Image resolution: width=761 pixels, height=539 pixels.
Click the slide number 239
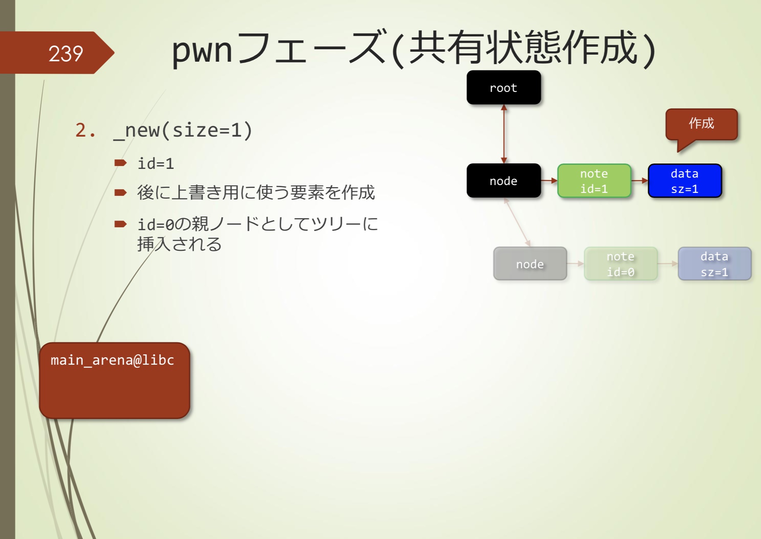66,53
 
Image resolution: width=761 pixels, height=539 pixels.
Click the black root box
503,87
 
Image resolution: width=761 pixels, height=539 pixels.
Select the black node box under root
503,180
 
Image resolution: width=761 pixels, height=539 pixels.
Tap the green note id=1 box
594,181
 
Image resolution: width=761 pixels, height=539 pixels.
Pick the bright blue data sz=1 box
684,181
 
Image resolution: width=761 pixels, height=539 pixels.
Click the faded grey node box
530,264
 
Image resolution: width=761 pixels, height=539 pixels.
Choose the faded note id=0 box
620,264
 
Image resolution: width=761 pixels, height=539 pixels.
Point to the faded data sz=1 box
714,264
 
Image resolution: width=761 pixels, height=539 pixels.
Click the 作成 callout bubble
701,124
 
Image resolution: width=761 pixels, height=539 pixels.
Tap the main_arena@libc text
112,360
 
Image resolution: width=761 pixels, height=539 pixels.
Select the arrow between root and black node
504,134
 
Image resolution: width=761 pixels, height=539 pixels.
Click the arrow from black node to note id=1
549,180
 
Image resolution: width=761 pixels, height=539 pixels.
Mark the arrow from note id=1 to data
639,180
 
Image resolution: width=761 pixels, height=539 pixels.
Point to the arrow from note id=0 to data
668,264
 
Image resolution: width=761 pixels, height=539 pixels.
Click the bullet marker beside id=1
120,163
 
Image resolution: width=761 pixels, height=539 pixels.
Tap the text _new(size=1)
182,130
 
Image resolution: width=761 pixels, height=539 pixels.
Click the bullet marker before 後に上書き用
120,192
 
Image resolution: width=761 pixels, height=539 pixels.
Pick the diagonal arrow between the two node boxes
517,222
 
